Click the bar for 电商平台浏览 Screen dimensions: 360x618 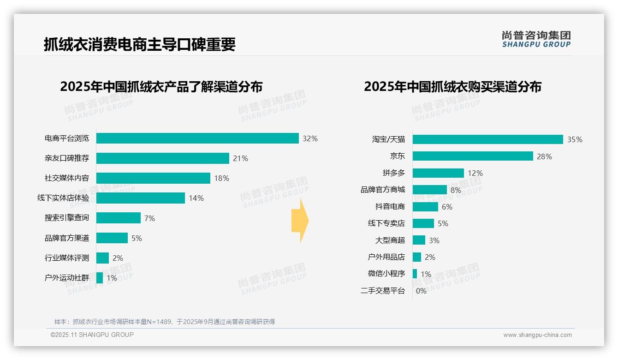(x=197, y=138)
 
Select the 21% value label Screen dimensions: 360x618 (x=240, y=158)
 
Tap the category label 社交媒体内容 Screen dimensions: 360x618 (x=67, y=178)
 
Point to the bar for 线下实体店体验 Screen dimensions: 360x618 (x=141, y=198)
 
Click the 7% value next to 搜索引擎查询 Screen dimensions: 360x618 (x=149, y=218)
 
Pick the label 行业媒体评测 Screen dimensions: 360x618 (x=67, y=258)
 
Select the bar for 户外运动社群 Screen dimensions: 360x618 (x=100, y=278)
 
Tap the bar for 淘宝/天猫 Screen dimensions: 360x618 (x=487, y=139)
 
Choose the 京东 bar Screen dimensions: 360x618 (x=473, y=156)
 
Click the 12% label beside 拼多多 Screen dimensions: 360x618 (x=475, y=173)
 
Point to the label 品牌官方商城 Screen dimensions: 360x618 (x=383, y=190)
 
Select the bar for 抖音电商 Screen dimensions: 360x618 (x=425, y=207)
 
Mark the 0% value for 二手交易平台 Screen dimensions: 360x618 (x=421, y=291)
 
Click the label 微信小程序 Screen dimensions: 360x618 (x=386, y=274)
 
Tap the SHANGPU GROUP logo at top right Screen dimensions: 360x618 (x=536, y=39)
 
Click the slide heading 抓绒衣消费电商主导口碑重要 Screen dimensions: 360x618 (x=140, y=44)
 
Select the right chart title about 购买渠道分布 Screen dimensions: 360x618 (x=452, y=87)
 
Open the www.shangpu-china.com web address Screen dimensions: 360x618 (x=537, y=335)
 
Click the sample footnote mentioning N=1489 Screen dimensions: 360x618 (x=165, y=322)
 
